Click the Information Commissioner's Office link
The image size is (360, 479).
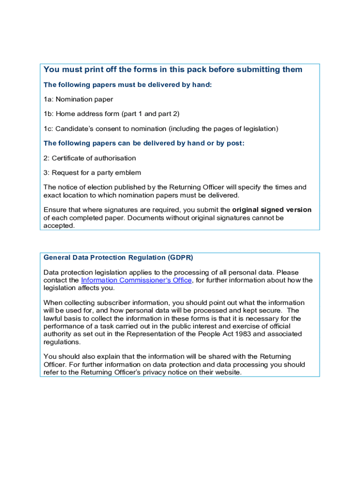(x=136, y=280)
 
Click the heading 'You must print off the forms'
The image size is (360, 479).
(x=173, y=70)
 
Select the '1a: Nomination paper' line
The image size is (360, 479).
(x=78, y=99)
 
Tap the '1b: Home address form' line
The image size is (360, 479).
(x=111, y=114)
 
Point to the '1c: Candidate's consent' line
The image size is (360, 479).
(x=161, y=129)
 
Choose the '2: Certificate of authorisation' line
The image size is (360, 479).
(x=90, y=158)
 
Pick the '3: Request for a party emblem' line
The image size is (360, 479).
(x=92, y=173)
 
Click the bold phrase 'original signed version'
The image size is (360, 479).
(x=272, y=210)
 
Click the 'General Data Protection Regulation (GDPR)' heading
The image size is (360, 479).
(x=118, y=258)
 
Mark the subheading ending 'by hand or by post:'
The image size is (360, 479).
(x=144, y=143)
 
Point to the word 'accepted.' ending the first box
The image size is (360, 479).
(x=59, y=225)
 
